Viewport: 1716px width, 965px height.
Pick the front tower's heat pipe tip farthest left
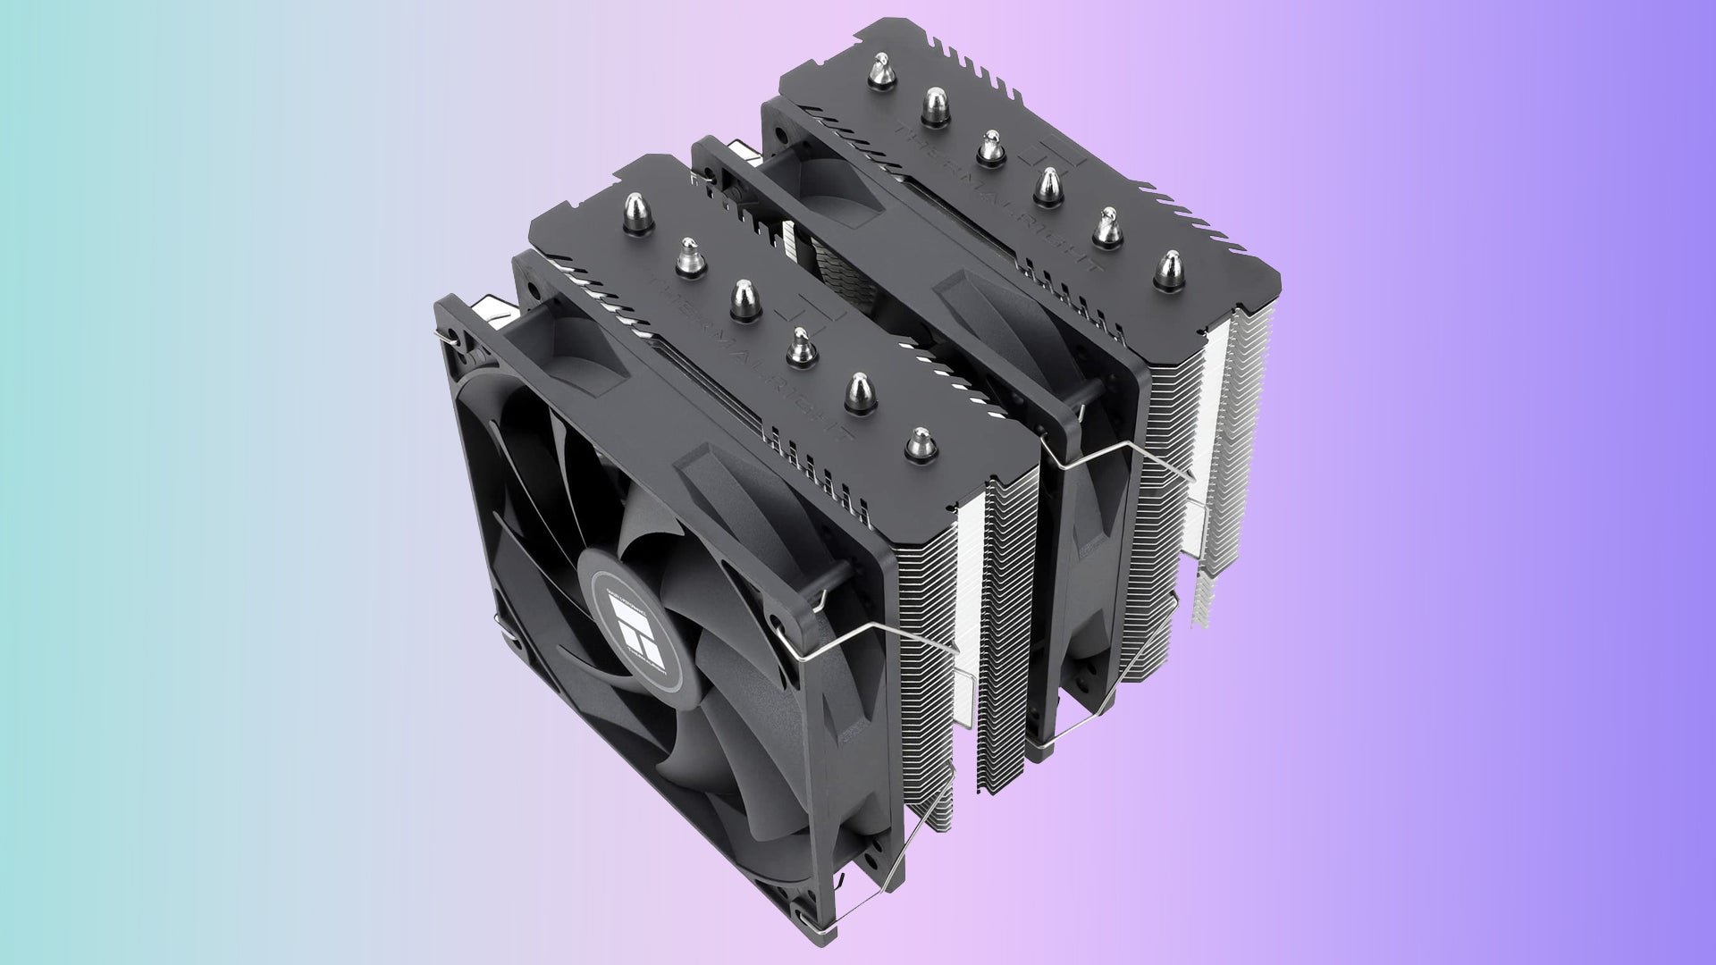coord(634,215)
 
